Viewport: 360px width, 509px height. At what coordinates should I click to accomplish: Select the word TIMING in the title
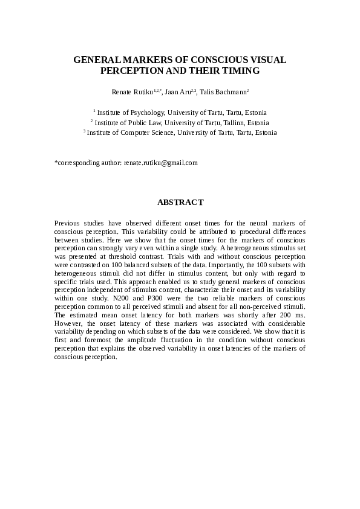[x=240, y=71]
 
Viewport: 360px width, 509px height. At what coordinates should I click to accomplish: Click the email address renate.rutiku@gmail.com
[x=160, y=163]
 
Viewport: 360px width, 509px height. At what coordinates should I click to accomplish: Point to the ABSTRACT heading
[x=180, y=202]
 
